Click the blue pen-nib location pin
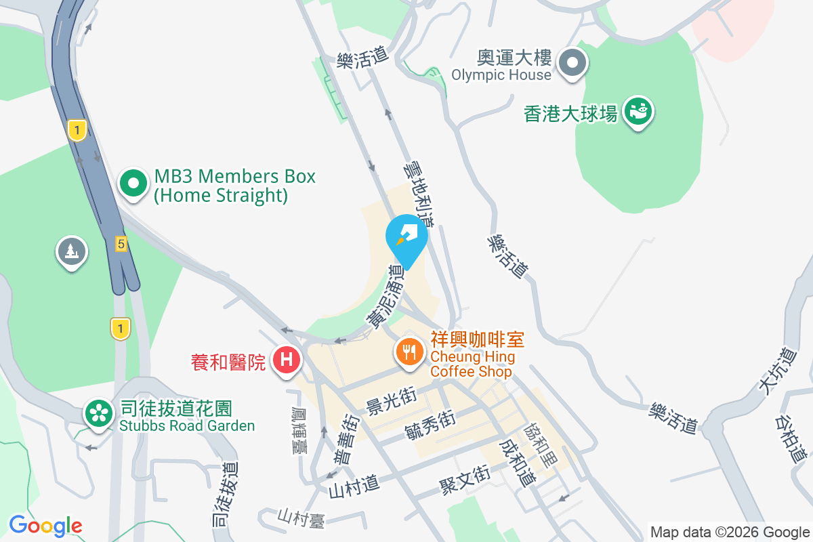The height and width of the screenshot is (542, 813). coord(406,236)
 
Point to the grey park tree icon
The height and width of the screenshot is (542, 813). coord(71,251)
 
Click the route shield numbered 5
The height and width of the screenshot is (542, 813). coord(121,244)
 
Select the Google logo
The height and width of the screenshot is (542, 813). coord(45,526)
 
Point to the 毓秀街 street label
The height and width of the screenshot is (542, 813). coord(430,425)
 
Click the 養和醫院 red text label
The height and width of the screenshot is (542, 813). coord(228,363)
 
